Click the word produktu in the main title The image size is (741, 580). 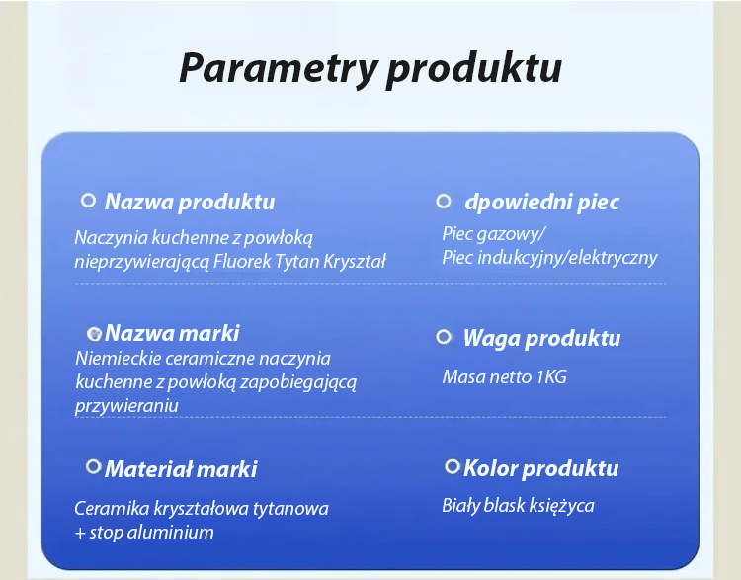(474, 69)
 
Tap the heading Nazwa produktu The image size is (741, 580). (190, 202)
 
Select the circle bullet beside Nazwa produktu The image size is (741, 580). (88, 201)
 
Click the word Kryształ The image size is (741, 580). (355, 261)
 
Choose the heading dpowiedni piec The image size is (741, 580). (541, 202)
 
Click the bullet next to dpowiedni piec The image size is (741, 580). (444, 202)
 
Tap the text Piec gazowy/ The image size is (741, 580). (493, 234)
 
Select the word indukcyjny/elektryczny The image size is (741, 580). (567, 258)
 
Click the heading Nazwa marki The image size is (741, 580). (172, 333)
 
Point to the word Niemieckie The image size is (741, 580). (119, 358)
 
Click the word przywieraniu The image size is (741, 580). (126, 406)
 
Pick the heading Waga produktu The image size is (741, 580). (541, 338)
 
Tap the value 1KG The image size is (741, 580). (551, 376)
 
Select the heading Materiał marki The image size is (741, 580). (181, 469)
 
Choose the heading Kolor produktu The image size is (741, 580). (540, 468)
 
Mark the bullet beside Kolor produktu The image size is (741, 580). (453, 467)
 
